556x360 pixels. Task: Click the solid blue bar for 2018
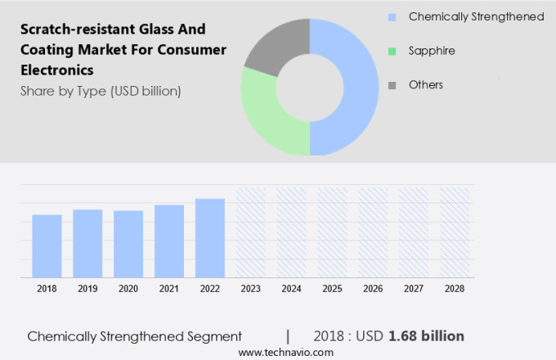pyautogui.click(x=47, y=246)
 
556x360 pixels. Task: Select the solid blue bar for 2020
pyautogui.click(x=128, y=245)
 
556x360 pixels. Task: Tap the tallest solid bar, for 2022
pyautogui.click(x=209, y=238)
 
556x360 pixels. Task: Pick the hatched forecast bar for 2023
pyautogui.click(x=250, y=233)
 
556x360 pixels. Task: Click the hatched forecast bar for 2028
pyautogui.click(x=454, y=233)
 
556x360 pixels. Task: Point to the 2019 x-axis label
pyautogui.click(x=87, y=289)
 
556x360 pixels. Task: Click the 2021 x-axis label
pyautogui.click(x=168, y=289)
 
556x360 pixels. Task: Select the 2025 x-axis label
pyautogui.click(x=332, y=289)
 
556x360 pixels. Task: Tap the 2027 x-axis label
pyautogui.click(x=413, y=289)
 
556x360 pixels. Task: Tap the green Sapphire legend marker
pyautogui.click(x=392, y=51)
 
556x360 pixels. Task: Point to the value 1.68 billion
pyautogui.click(x=427, y=335)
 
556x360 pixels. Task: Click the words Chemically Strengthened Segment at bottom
pyautogui.click(x=135, y=336)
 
